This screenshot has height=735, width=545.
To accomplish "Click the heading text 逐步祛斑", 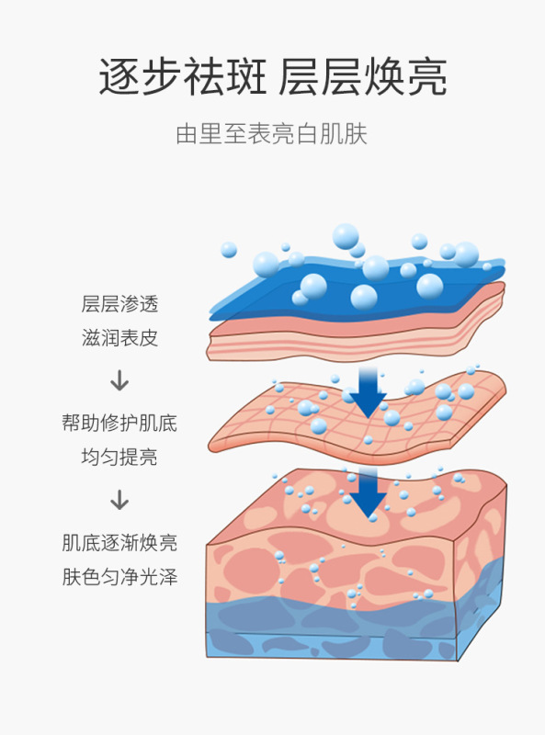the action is coord(183,77).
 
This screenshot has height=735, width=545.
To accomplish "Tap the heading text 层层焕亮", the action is coord(362,77).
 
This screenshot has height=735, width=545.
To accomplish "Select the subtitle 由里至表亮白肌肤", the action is coord(271,134).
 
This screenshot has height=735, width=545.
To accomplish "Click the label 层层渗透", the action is coord(119,304).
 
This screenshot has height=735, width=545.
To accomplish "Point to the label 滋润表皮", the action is coord(119,337).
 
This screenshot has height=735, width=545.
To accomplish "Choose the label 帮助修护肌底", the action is coord(119,423).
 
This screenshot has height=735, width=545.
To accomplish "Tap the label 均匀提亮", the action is coord(119,457).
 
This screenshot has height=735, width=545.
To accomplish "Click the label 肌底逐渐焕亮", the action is coord(119,543).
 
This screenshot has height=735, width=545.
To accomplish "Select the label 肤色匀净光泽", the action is coord(119,577).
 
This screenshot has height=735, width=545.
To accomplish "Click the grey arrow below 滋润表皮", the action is coord(119,380).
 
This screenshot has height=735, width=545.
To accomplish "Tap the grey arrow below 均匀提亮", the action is coord(119,500).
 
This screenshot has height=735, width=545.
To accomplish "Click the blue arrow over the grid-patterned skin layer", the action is coord(369,393).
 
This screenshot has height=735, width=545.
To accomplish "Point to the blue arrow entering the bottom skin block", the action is coord(369,493).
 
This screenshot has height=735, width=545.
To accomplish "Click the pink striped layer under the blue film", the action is coord(357,335).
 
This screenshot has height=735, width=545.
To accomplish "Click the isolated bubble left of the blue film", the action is coord(229,249).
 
